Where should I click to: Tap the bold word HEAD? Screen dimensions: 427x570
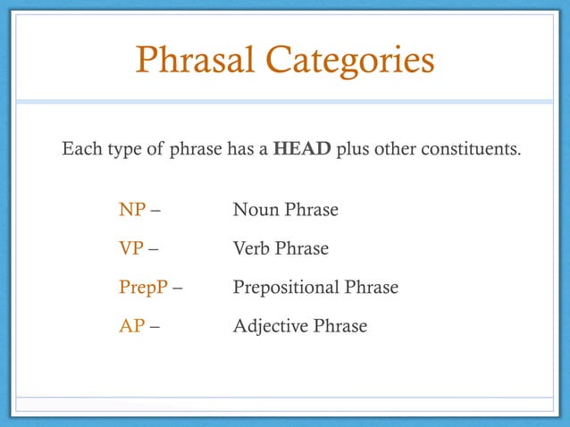pos(302,148)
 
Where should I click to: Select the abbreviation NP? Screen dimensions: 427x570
pos(132,211)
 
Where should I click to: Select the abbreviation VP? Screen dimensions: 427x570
pos(131,249)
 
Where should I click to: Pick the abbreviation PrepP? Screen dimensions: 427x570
pos(143,288)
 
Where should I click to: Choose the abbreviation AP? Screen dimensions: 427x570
pos(131,326)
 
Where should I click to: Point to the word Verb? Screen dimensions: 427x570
pos(252,249)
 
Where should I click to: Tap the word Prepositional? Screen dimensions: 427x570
pos(286,288)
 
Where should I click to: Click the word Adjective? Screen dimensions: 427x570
pos(271,326)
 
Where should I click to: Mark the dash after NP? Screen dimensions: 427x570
pos(156,212)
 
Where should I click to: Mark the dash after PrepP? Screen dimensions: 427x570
pos(178,289)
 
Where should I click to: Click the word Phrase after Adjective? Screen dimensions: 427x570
pos(339,326)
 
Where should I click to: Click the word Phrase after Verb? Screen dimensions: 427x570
pos(302,249)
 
